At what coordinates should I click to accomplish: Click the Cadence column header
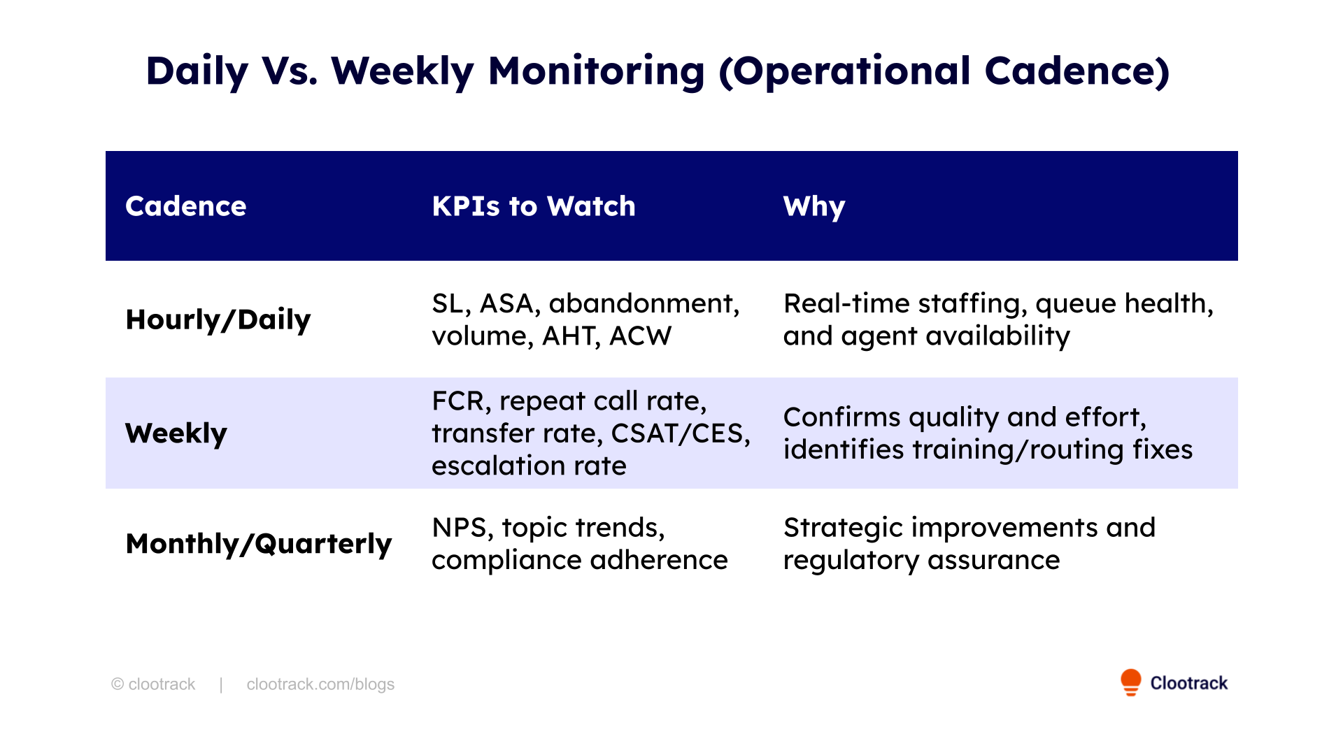pyautogui.click(x=185, y=206)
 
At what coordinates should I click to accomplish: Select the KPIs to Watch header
pyautogui.click(x=533, y=206)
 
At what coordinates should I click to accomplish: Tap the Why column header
pyautogui.click(x=813, y=207)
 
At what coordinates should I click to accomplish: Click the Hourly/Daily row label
pyautogui.click(x=218, y=319)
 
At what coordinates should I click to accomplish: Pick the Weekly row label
pyautogui.click(x=176, y=433)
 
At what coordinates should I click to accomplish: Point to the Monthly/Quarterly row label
pyautogui.click(x=258, y=544)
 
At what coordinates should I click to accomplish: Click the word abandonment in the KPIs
pyautogui.click(x=644, y=303)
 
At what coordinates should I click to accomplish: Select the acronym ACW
pyautogui.click(x=640, y=336)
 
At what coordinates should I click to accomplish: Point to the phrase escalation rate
pyautogui.click(x=529, y=466)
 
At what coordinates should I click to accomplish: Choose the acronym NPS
pyautogui.click(x=459, y=528)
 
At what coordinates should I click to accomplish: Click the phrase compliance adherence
pyautogui.click(x=579, y=560)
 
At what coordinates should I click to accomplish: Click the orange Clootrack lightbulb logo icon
pyautogui.click(x=1130, y=682)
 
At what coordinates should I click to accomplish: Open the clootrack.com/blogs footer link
pyautogui.click(x=320, y=684)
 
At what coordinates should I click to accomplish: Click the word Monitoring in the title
pyautogui.click(x=596, y=71)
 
